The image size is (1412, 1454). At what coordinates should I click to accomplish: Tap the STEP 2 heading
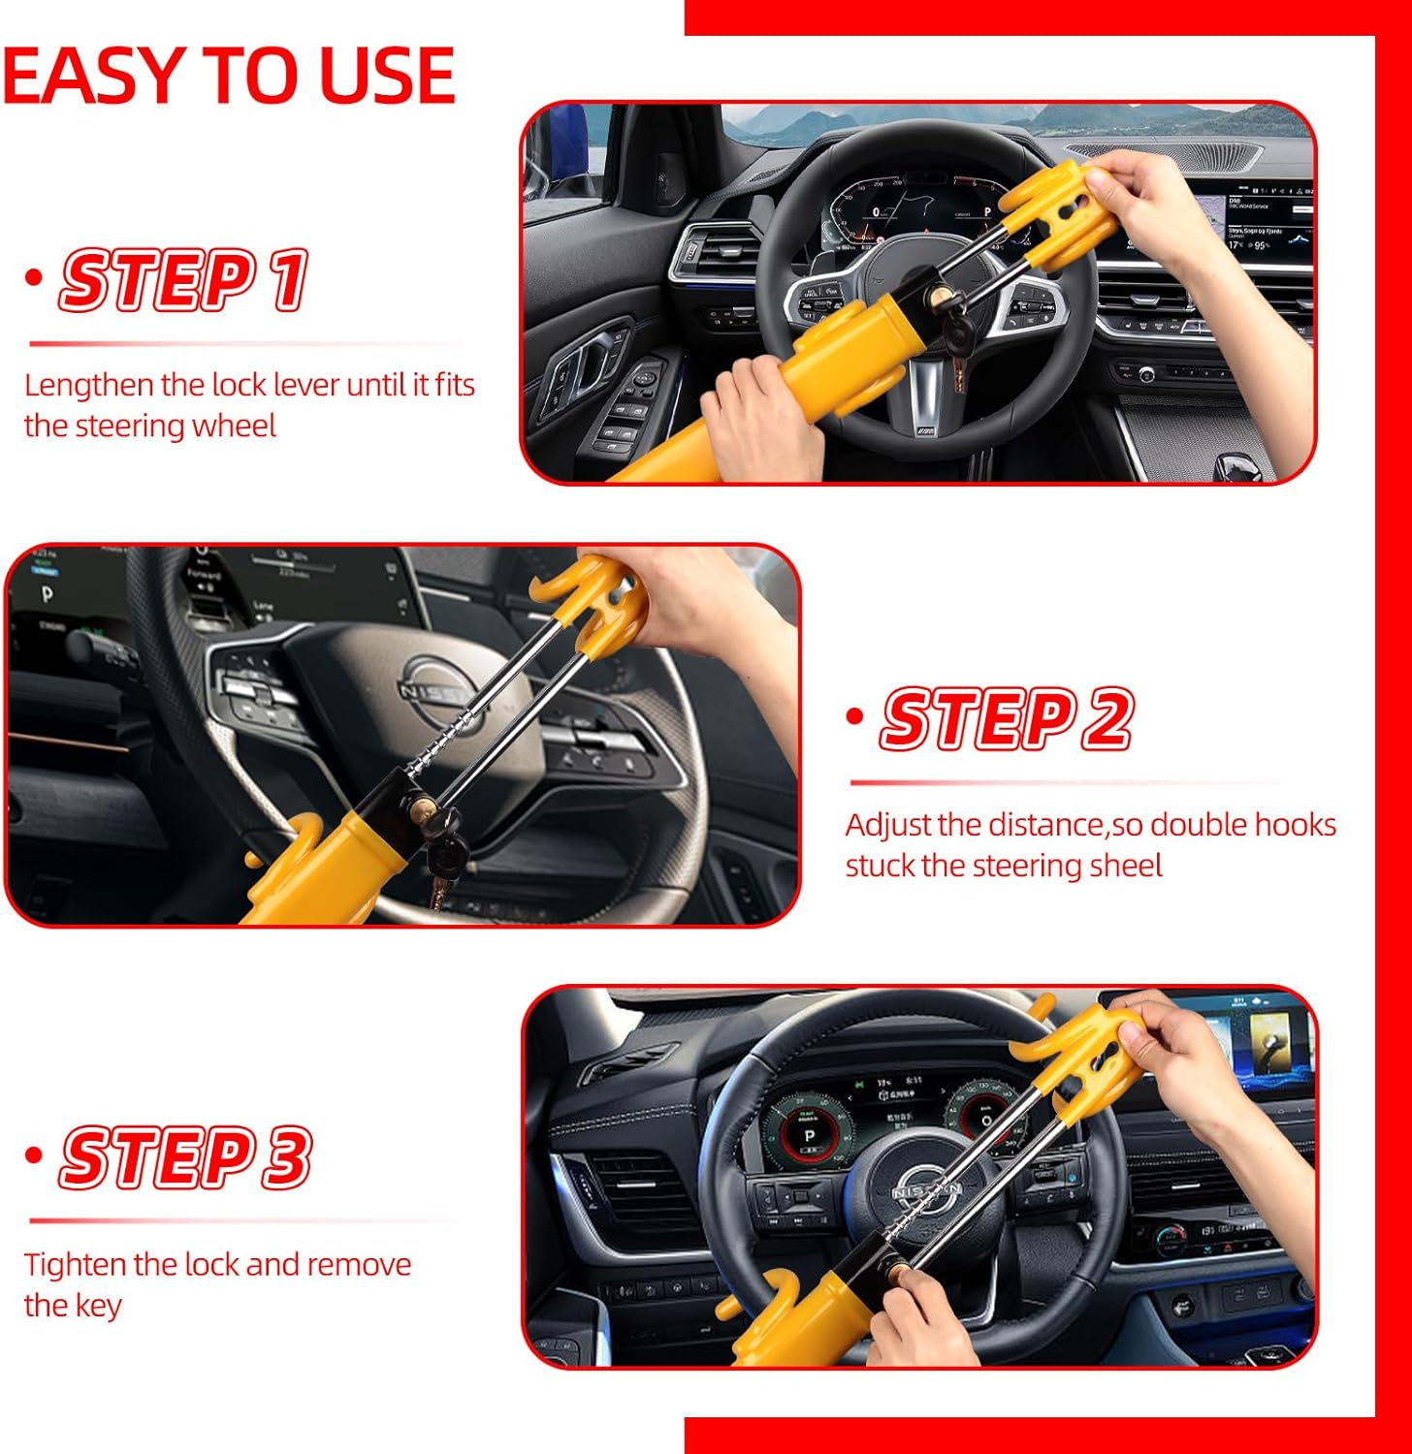coord(1006,719)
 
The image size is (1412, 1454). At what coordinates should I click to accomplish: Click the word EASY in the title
coord(92,76)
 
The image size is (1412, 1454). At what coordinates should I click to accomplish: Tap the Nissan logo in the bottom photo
coord(927,1188)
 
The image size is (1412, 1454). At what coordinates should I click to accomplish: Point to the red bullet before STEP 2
coord(854,716)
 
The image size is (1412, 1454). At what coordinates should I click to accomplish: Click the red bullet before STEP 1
coord(35,278)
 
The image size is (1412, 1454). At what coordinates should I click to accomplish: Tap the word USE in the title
coord(387,76)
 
